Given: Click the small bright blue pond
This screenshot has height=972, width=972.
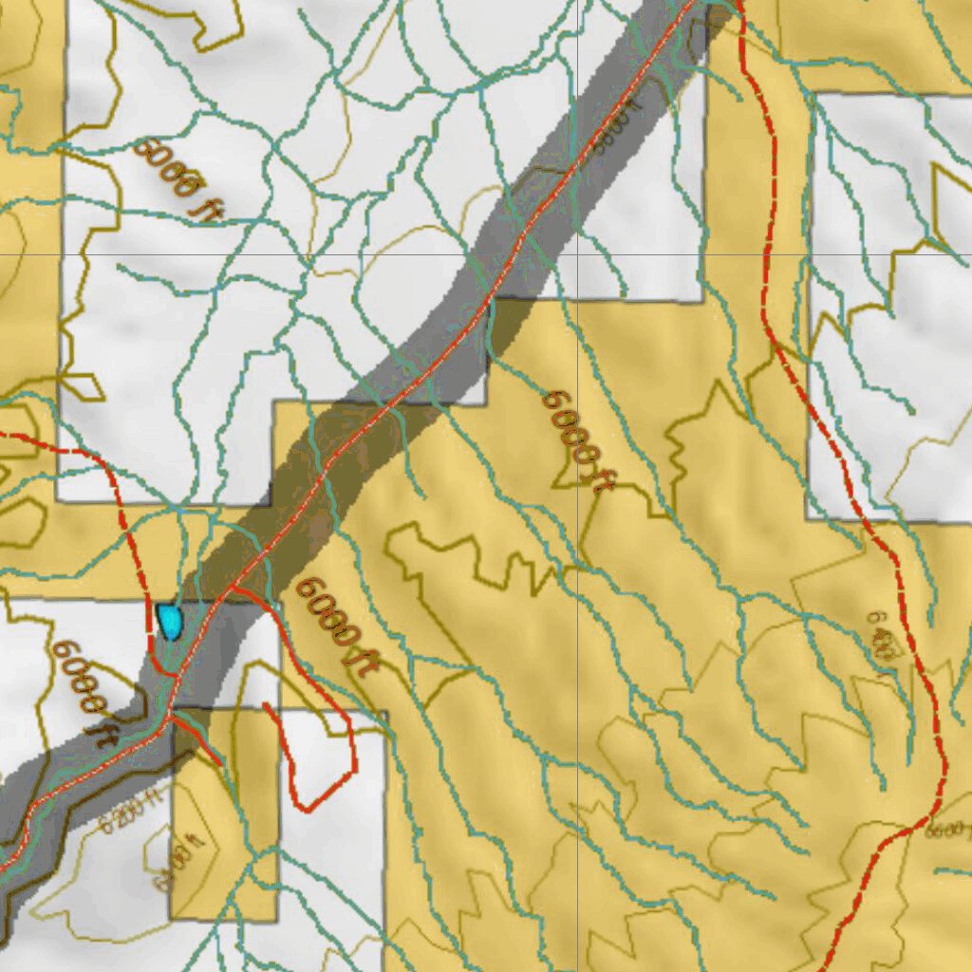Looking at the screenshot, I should click(170, 622).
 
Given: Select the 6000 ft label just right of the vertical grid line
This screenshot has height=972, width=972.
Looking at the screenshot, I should click(574, 442).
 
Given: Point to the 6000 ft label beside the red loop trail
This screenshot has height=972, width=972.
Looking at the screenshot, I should click(331, 626).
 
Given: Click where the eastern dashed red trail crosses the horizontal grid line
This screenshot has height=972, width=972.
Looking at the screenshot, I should click(766, 255).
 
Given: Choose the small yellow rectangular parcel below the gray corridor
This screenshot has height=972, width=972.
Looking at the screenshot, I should click(224, 816).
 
